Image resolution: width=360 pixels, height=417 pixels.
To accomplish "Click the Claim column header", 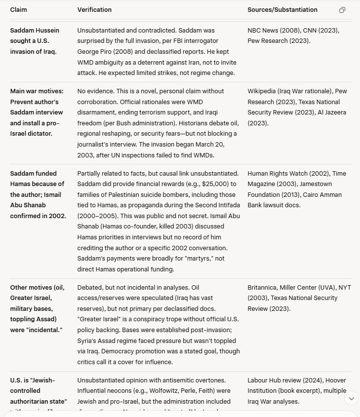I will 19,10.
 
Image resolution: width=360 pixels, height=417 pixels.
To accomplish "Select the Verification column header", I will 94,10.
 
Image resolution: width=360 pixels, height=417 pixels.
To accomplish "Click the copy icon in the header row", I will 342,10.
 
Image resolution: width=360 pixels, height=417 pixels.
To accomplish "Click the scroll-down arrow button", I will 352,398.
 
